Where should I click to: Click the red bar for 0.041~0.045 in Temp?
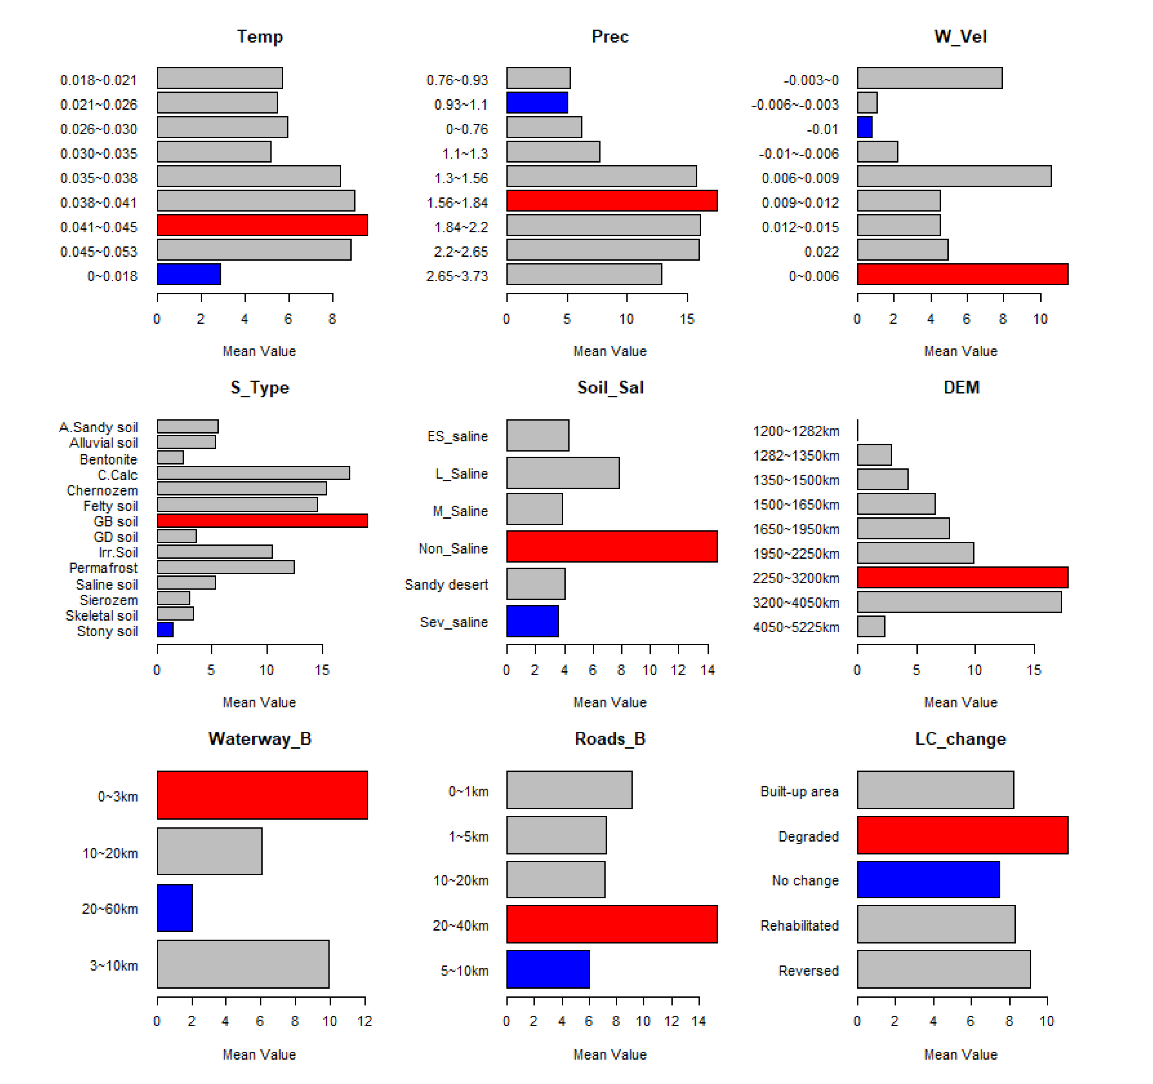[x=262, y=225]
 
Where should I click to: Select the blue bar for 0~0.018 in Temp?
[x=189, y=274]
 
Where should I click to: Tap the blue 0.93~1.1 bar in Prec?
[x=537, y=103]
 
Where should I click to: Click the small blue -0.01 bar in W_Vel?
[x=865, y=127]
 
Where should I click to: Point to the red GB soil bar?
[x=262, y=520]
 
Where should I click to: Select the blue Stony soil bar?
[x=165, y=629]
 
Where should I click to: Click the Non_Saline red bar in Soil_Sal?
[x=612, y=546]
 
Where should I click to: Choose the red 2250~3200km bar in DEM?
[x=963, y=578]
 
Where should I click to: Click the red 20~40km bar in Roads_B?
[x=612, y=924]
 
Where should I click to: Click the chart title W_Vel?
[x=960, y=36]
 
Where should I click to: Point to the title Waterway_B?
[x=260, y=739]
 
